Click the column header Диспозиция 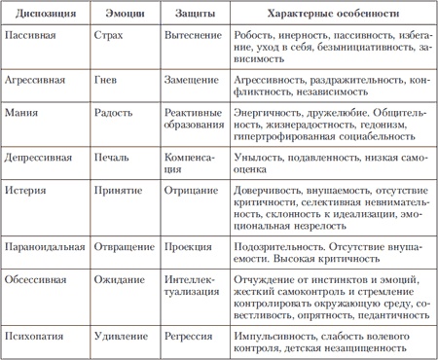coord(42,15)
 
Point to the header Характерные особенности coord(332,15)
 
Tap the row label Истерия coord(27,182)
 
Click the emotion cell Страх coord(109,34)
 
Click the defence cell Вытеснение coord(193,34)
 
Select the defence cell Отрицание coord(190,182)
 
